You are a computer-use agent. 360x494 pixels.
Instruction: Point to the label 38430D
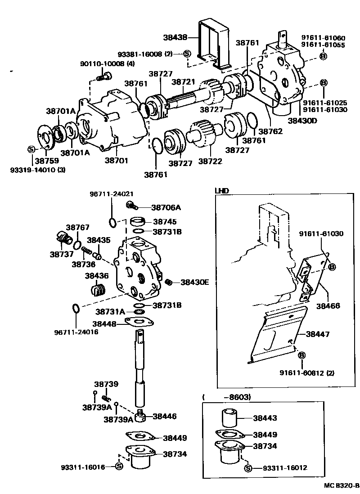tap(302, 121)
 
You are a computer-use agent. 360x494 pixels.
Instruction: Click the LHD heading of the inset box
tap(222, 191)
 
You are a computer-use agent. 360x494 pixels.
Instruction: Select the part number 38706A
tap(166, 207)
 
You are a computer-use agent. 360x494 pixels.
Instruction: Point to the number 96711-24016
tap(76, 332)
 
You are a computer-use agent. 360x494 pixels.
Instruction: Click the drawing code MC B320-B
tap(342, 486)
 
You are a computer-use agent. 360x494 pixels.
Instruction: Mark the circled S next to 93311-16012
tap(247, 468)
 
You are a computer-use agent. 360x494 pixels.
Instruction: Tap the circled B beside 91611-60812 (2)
tap(301, 355)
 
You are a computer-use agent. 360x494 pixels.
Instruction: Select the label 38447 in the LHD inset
tap(318, 334)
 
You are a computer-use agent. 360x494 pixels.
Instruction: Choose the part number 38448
tap(104, 323)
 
